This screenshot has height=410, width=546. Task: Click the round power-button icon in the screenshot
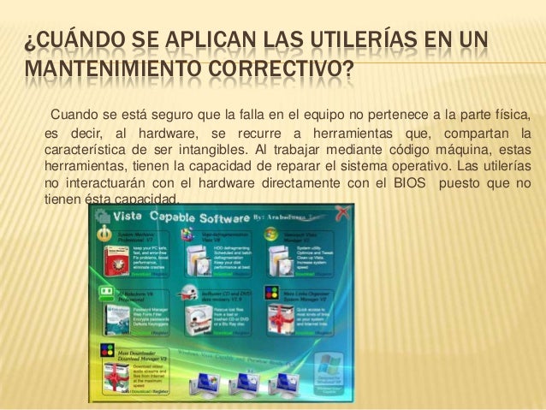105,233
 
